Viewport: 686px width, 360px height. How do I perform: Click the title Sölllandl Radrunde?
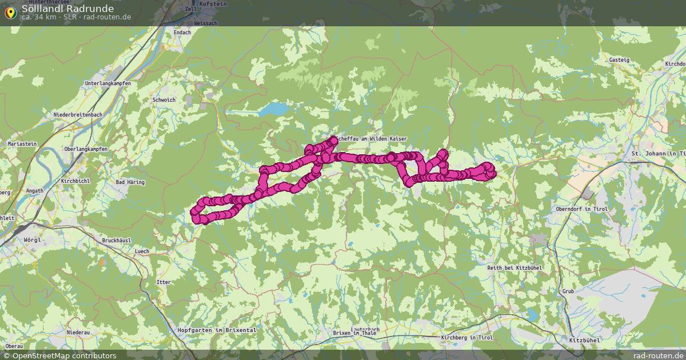pos(67,9)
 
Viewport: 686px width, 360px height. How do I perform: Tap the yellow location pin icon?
pos(10,12)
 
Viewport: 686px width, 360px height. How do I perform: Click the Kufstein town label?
pos(214,4)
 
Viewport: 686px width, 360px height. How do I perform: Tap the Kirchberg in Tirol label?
pos(467,338)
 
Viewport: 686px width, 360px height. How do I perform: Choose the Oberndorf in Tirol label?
pos(581,209)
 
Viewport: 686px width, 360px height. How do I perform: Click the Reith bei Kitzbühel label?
pos(514,267)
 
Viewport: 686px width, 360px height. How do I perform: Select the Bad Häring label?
pos(130,182)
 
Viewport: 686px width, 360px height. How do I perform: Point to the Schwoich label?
pos(164,99)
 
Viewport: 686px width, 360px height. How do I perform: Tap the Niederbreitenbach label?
pos(78,115)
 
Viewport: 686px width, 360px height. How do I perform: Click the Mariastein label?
pos(22,144)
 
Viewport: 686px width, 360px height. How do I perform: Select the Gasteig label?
pos(619,60)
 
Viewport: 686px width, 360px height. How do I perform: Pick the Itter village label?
pos(163,282)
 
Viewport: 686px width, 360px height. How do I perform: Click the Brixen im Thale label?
pos(354,333)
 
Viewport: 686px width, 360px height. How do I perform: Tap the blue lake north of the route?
pos(274,109)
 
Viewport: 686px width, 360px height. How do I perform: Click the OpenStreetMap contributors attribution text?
pos(60,355)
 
